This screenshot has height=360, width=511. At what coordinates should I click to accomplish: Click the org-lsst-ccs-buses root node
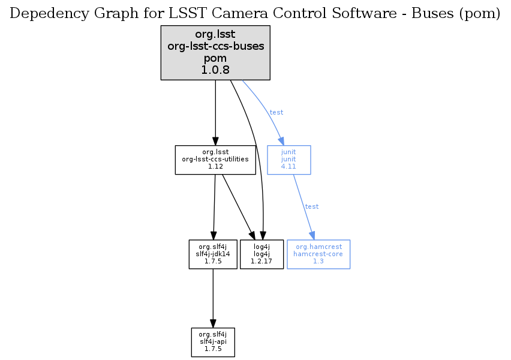coord(215,53)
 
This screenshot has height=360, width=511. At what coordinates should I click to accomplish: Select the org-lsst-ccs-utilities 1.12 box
coord(215,160)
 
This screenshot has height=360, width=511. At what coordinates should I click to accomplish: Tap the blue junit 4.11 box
coord(288,160)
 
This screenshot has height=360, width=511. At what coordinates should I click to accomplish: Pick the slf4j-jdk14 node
coord(213,254)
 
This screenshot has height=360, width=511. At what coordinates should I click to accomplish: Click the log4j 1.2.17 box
coord(261,254)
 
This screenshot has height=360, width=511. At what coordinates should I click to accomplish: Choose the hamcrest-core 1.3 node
coord(318,254)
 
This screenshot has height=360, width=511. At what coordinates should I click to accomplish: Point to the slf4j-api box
coord(213,342)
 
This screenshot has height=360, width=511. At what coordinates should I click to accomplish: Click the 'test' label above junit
coord(276,112)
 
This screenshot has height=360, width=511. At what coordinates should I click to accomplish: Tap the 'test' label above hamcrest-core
coord(312,206)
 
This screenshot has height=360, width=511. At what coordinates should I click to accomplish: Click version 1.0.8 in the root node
coord(215,70)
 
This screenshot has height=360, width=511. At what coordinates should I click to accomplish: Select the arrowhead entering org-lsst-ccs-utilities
coord(215,140)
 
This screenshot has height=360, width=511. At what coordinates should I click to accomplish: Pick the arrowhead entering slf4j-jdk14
coord(214,235)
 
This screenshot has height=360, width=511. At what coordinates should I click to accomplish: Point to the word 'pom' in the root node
coord(215,58)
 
